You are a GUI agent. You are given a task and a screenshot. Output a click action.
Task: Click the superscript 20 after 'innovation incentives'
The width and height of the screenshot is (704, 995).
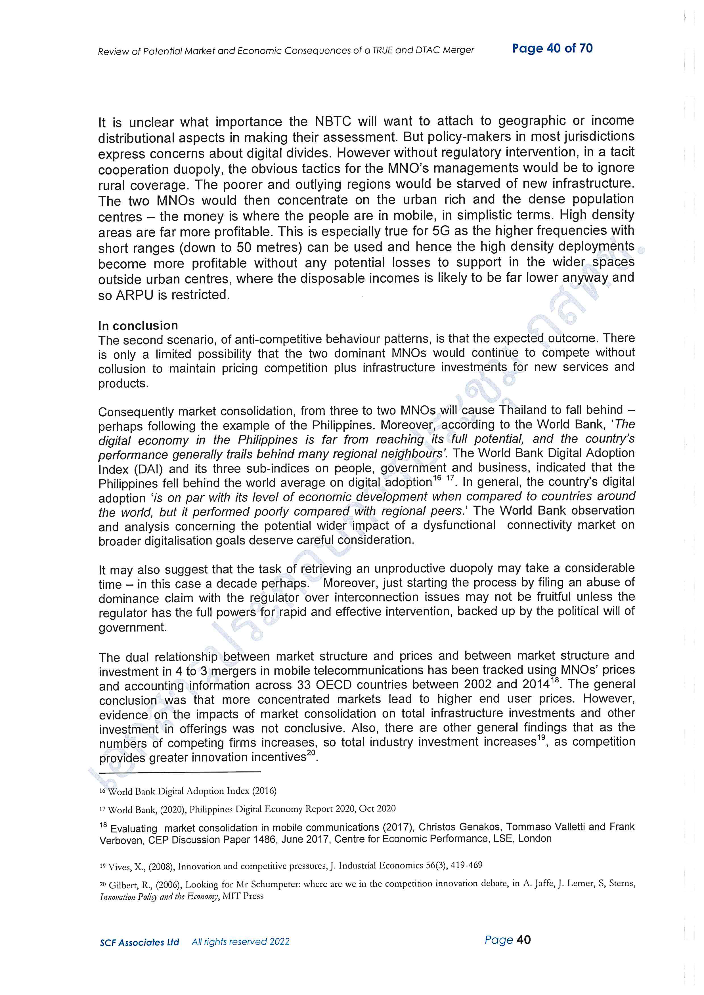312,753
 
